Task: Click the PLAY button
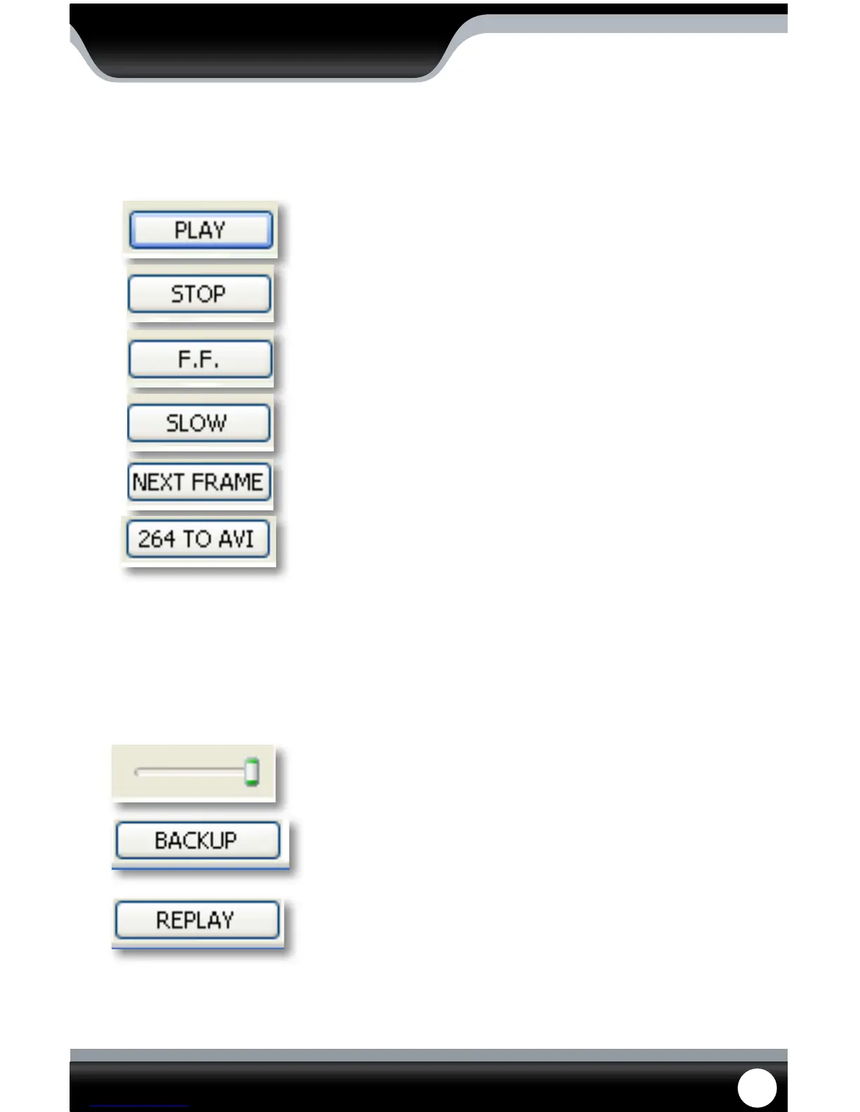(201, 230)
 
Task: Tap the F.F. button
(200, 359)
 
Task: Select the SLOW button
(199, 423)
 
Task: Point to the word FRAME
(227, 482)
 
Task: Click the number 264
(156, 539)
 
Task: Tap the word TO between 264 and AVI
(197, 539)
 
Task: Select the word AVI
(236, 539)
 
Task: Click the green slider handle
(252, 772)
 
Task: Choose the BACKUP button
(197, 840)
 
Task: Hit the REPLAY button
(197, 920)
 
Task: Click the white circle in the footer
(757, 1087)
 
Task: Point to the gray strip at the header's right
(632, 24)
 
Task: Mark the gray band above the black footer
(429, 1055)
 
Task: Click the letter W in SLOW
(216, 423)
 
